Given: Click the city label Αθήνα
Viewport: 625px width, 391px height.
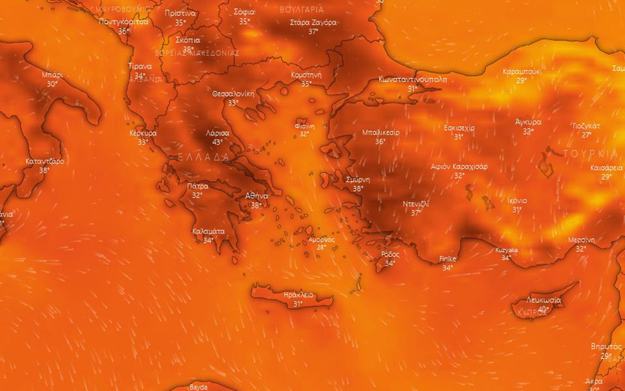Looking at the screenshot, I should [256, 195].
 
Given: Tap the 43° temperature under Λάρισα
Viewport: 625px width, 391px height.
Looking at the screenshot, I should [217, 141].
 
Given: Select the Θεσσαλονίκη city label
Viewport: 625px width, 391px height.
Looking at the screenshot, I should [233, 94].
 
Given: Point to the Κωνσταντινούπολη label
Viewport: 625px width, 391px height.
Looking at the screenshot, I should [412, 80].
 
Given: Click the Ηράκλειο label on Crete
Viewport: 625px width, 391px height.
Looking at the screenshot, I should [299, 295].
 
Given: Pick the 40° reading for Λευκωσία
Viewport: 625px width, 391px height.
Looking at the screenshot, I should [543, 309].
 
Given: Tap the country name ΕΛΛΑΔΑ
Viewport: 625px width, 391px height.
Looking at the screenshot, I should [204, 157].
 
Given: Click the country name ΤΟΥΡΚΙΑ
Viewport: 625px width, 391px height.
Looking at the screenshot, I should [590, 154].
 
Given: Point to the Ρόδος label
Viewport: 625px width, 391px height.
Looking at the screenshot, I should [390, 254].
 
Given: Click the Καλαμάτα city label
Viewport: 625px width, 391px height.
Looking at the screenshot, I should [208, 231].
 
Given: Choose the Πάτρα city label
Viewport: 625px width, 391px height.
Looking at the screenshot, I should [197, 186].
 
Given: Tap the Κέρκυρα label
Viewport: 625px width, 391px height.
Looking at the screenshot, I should [143, 133].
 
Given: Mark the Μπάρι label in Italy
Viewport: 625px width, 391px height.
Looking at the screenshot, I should [52, 75].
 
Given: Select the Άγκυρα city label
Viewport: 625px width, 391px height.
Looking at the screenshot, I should [528, 122].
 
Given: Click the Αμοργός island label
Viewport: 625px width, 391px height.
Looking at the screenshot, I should [322, 239].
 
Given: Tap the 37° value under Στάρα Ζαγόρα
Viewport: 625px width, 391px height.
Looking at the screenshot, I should [313, 31].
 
